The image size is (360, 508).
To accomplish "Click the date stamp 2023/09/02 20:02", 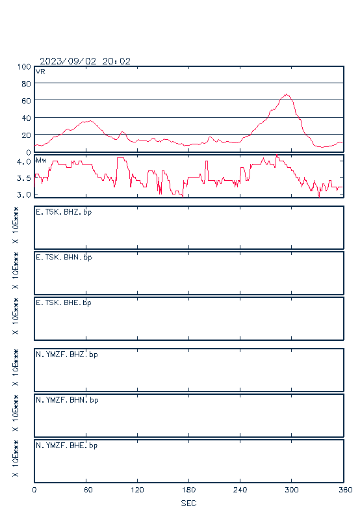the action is tap(85, 61).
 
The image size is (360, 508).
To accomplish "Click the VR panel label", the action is tap(40, 72).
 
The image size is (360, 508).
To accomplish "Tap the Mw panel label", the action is tap(41, 160).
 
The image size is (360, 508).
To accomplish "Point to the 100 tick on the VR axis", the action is tap(24, 67).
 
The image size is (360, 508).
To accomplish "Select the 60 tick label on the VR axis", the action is tap(26, 101).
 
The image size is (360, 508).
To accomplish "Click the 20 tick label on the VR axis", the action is tap(26, 135).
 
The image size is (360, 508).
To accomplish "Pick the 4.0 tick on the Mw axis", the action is tap(24, 161).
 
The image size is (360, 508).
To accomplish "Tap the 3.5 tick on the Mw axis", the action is tap(24, 178).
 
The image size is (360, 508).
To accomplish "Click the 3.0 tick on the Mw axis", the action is tap(24, 194).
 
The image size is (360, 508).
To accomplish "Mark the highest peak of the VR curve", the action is tap(286, 94).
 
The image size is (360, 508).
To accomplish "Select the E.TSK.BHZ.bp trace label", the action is tap(64, 212).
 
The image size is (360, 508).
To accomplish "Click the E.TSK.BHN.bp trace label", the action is tap(64, 258).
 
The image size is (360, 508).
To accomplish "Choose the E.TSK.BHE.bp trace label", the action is tap(64, 303).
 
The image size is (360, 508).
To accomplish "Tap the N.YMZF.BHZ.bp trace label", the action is tap(67, 354).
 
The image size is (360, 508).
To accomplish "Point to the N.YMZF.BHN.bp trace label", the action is tap(67, 400).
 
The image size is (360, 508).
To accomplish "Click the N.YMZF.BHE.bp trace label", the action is tap(67, 446).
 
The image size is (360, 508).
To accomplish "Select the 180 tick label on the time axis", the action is tap(188, 490).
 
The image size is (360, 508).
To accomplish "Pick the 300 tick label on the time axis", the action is tap(291, 490).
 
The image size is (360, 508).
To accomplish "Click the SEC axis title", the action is tap(188, 503).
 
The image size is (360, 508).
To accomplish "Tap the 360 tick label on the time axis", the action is tap(346, 490).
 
